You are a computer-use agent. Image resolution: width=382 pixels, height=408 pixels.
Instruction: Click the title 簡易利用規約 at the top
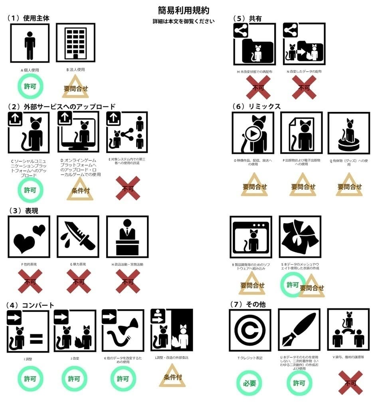pyautogui.click(x=183, y=10)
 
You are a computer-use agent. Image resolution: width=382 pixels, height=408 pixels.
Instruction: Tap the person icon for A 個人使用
pyautogui.click(x=30, y=43)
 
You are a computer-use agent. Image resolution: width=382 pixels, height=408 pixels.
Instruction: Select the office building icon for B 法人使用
pyautogui.click(x=75, y=43)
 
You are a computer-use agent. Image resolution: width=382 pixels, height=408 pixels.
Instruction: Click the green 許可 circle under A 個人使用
pyautogui.click(x=30, y=86)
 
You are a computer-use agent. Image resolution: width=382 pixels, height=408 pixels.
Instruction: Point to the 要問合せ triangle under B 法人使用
pyautogui.click(x=75, y=88)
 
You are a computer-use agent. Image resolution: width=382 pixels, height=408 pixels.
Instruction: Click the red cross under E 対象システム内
pyautogui.click(x=128, y=188)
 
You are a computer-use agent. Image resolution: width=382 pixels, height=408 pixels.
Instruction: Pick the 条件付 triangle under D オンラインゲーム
pyautogui.click(x=80, y=189)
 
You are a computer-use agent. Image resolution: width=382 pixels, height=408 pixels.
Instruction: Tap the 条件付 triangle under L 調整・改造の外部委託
pyautogui.click(x=172, y=376)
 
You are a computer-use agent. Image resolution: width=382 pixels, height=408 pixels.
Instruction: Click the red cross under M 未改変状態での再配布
pyautogui.click(x=258, y=87)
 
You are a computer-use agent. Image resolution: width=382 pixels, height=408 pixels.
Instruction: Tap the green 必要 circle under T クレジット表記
pyautogui.click(x=249, y=383)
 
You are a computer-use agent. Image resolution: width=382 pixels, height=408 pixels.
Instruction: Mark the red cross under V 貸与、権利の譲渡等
pyautogui.click(x=350, y=383)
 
